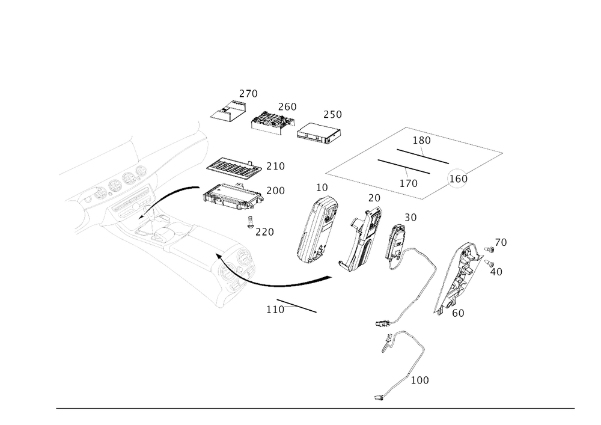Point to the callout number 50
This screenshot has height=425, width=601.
pos(412,216)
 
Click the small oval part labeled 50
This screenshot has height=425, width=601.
pos(396,247)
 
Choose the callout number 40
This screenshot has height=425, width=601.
pos(496,272)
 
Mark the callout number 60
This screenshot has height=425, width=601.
pos(458,312)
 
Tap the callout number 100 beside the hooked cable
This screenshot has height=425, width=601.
pos(420,381)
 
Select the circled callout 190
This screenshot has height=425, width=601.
pos(458,179)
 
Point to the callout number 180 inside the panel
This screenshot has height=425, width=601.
pos(422,140)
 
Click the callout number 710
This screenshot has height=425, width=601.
pos(276,165)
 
